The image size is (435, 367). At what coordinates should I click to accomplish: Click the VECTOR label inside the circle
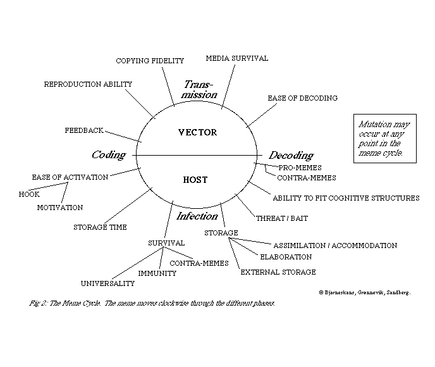coord(197,132)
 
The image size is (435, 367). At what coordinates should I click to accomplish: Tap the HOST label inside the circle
coord(195,180)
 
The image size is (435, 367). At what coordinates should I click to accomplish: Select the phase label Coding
coord(109,155)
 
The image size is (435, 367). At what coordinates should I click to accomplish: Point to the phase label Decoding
coord(291,156)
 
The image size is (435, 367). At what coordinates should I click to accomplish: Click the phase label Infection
coord(197,216)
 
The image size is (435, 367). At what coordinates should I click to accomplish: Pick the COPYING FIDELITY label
coord(150,61)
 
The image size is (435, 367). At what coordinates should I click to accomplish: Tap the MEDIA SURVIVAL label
coord(237,58)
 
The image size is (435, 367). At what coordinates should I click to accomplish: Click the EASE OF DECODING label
coord(302,98)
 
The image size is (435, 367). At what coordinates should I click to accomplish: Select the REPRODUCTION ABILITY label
coord(88,84)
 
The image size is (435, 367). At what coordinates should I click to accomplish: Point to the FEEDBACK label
coord(84,130)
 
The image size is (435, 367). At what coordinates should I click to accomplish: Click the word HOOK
coord(29,194)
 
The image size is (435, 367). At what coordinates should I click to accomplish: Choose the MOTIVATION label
coord(59,208)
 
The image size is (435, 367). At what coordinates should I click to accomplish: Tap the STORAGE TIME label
coord(100,227)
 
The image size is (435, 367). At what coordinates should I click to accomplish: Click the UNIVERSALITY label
coord(107,283)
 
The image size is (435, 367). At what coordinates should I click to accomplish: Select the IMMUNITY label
coord(157,273)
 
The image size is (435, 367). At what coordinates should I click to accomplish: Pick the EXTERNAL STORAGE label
coord(278,272)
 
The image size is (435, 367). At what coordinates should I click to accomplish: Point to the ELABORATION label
coord(286,257)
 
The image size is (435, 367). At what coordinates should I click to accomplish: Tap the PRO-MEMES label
coord(300,168)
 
